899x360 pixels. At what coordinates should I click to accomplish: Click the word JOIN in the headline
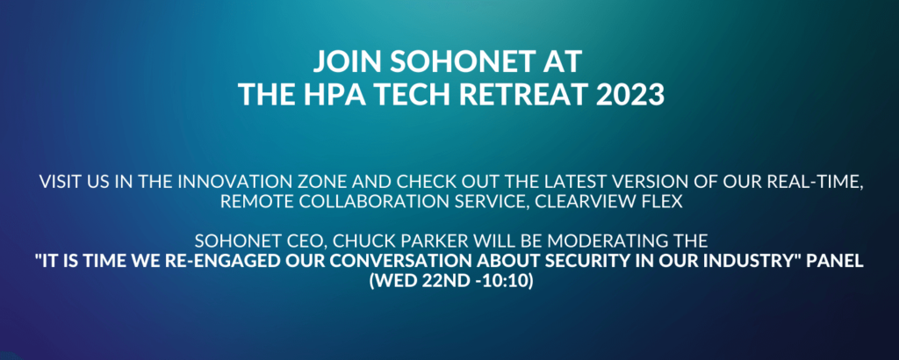pyautogui.click(x=342, y=61)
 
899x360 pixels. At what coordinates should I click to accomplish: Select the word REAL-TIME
pyautogui.click(x=819, y=184)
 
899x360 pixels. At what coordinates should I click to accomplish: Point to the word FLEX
pyautogui.click(x=663, y=203)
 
